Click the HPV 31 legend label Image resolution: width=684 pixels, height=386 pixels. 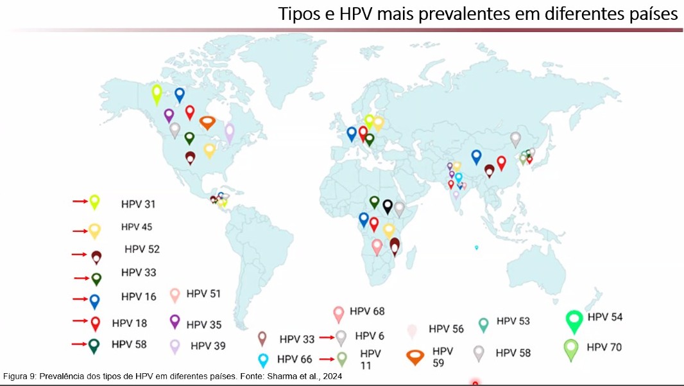tap(138, 204)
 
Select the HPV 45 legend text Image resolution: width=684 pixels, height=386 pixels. tap(136, 227)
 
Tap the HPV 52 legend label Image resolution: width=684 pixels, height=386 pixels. tap(142, 249)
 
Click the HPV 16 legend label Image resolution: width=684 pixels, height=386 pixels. tap(138, 297)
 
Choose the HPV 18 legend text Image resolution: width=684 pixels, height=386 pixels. tap(129, 322)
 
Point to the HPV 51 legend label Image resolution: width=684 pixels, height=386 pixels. tap(203, 294)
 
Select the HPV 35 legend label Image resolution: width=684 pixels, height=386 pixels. tap(203, 324)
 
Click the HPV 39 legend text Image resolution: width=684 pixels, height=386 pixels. tap(208, 346)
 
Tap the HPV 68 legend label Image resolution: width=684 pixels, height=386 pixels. tap(367, 311)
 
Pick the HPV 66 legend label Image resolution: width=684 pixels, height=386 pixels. tap(295, 359)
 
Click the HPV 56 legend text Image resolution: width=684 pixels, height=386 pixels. tap(446, 329)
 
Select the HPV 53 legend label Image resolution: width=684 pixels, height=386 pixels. tap(513, 321)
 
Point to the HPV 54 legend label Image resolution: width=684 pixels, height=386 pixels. tap(605, 317)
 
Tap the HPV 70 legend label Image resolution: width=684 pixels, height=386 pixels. tap(605, 347)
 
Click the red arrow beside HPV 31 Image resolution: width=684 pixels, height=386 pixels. tap(80, 202)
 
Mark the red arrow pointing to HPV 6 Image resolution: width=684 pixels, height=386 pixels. tap(327, 337)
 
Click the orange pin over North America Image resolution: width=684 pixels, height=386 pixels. tap(207, 122)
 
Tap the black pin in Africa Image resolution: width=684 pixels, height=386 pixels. tap(388, 206)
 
